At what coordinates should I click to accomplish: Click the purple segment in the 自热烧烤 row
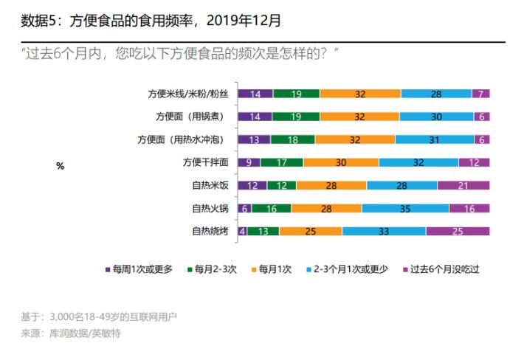pos(458,232)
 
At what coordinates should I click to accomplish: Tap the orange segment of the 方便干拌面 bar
pos(341,162)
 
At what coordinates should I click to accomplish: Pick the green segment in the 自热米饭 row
pos(282,186)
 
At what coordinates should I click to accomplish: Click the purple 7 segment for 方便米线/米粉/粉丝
pos(481,94)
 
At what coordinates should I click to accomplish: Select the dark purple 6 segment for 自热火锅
pos(245,209)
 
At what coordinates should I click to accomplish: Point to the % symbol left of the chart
pos(61,166)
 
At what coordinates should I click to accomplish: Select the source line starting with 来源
pos(71,333)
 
